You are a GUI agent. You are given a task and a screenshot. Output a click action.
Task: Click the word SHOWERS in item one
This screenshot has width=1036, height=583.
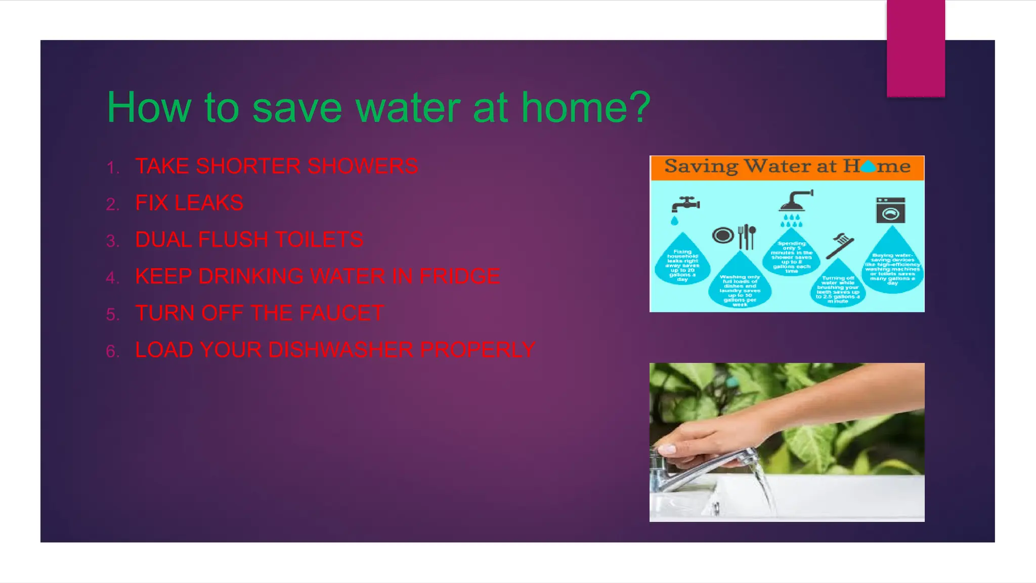(x=362, y=166)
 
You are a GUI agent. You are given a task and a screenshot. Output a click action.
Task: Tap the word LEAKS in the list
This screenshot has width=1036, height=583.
(x=208, y=203)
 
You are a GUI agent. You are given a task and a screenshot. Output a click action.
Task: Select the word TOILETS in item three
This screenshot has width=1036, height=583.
(x=319, y=240)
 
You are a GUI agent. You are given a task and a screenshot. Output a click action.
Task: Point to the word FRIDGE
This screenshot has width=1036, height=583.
(x=459, y=276)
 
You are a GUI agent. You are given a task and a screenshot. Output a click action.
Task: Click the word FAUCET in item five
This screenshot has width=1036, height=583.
(x=342, y=313)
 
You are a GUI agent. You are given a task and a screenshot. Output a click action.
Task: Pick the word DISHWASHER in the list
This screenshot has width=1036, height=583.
(x=341, y=350)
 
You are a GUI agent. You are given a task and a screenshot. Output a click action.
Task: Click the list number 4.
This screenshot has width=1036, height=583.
(x=112, y=278)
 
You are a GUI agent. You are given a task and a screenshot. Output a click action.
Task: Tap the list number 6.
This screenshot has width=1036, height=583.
(x=112, y=351)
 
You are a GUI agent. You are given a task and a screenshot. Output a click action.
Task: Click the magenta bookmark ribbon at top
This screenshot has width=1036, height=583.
(x=916, y=48)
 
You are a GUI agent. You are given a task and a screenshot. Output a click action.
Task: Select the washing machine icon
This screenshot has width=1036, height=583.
(x=890, y=211)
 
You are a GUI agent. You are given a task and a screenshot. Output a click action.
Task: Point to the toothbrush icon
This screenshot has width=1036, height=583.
(x=840, y=245)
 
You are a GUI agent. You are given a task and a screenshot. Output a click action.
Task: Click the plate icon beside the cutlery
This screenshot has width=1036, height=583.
(x=723, y=236)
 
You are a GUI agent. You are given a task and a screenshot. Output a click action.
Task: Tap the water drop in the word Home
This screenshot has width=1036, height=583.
(x=868, y=166)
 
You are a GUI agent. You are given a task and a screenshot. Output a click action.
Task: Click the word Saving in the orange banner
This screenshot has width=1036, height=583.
(x=701, y=166)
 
